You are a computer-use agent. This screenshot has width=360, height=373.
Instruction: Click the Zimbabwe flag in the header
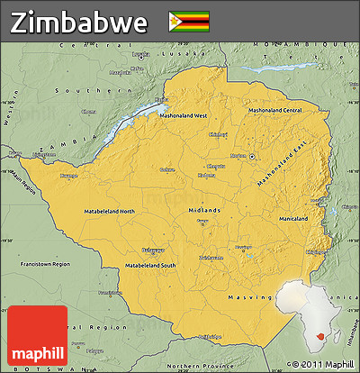(x=188, y=21)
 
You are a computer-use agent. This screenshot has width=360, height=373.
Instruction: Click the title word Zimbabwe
(x=79, y=22)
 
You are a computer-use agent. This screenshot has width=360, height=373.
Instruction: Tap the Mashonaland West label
(x=184, y=116)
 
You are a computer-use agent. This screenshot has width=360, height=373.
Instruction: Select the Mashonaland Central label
(x=275, y=110)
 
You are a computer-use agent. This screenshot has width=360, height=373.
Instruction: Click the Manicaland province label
(x=292, y=219)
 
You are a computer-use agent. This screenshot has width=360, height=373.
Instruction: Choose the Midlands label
(x=203, y=210)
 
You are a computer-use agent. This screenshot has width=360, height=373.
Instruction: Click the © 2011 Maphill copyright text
(x=319, y=364)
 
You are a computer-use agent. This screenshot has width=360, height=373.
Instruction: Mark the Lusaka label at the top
(x=139, y=54)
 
